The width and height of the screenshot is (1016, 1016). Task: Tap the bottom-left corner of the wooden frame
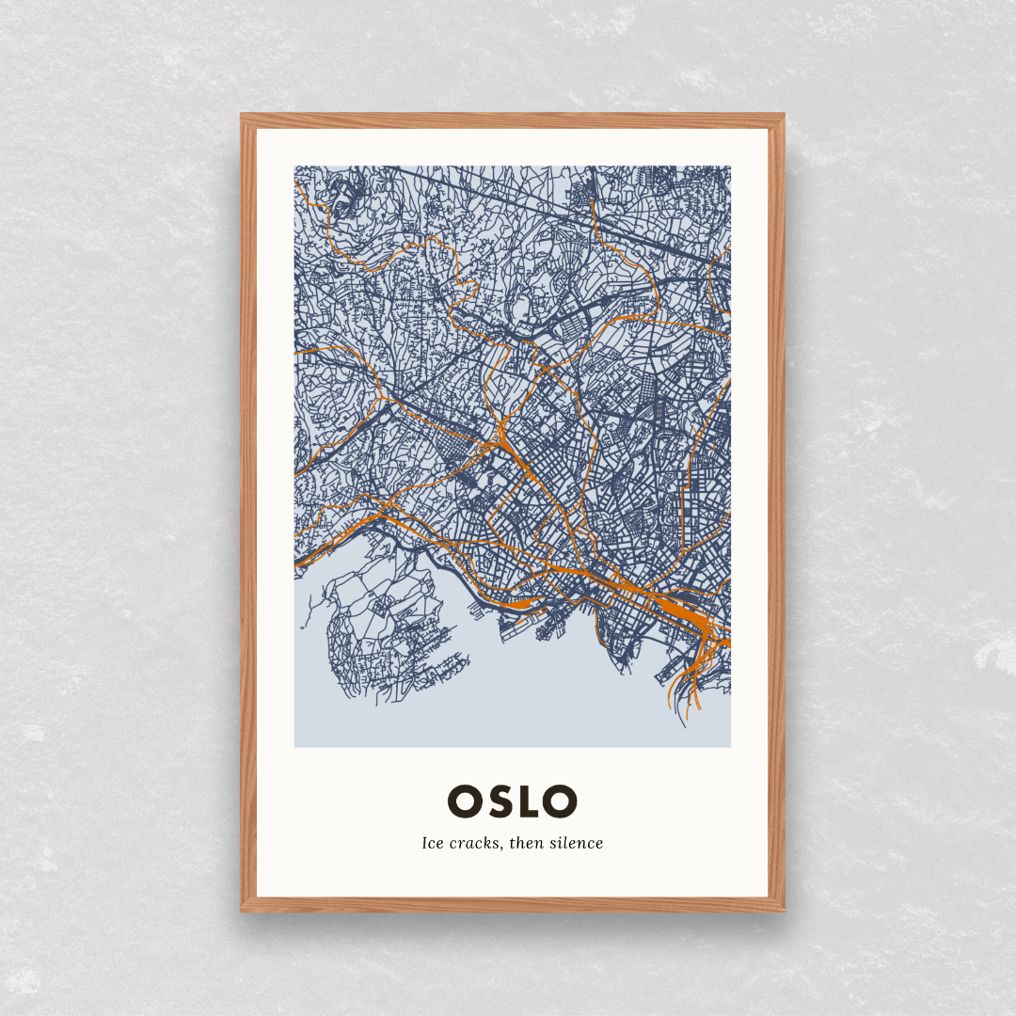(x=243, y=910)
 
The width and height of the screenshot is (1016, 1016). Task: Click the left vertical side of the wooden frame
(x=248, y=513)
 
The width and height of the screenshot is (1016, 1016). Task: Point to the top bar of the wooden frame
(x=513, y=120)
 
